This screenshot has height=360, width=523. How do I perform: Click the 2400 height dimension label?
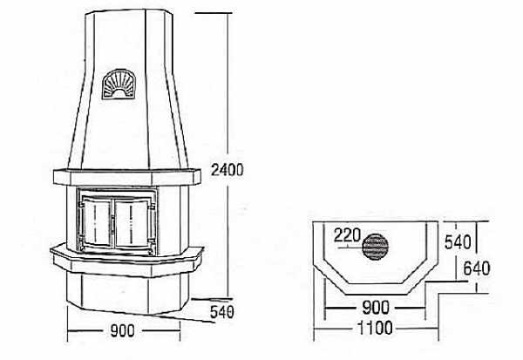click(228, 170)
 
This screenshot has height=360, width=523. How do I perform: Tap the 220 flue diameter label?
click(347, 235)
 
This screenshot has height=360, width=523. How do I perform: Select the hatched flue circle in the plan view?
click(375, 247)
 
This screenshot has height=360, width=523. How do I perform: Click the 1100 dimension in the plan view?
click(375, 328)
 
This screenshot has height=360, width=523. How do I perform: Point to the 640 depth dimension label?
click(477, 268)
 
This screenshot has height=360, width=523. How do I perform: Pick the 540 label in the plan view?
click(458, 242)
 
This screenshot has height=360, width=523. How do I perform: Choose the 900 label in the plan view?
click(375, 308)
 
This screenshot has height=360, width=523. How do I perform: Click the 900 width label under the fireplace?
click(122, 330)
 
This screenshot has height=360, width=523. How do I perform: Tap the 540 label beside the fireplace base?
click(222, 312)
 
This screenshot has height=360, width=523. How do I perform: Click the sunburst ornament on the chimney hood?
click(119, 85)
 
